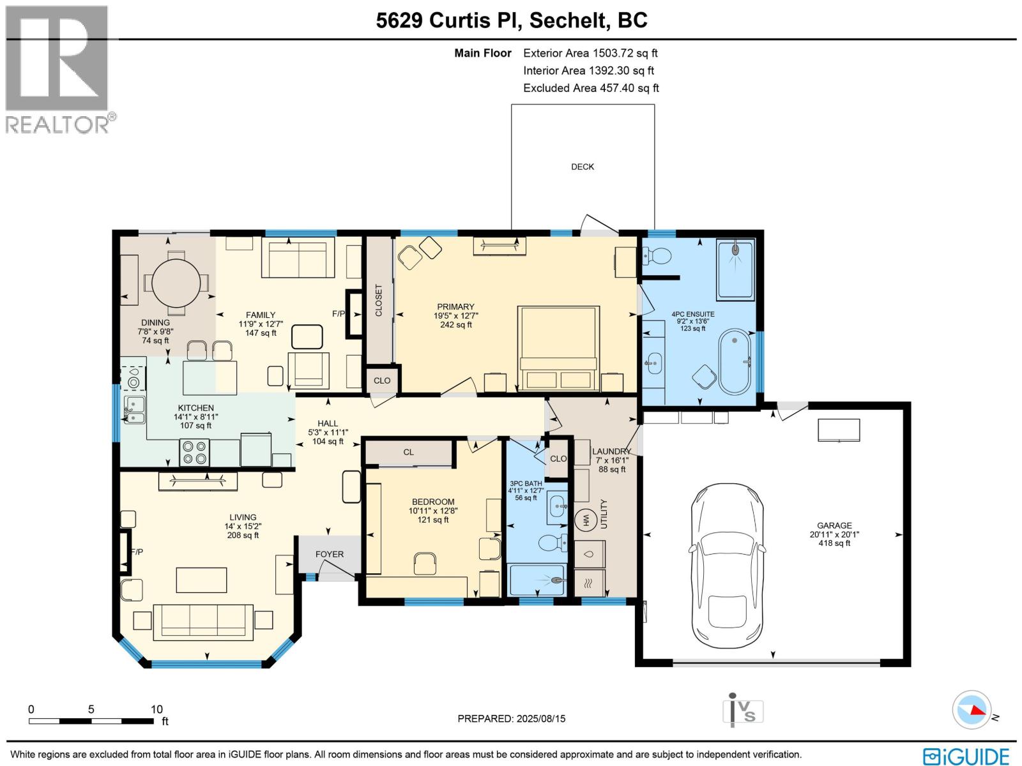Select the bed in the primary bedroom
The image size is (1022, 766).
pyautogui.click(x=558, y=348)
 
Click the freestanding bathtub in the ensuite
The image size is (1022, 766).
pyautogui.click(x=735, y=362)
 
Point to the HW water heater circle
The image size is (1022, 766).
pyautogui.click(x=585, y=519)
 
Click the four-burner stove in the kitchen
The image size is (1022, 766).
pyautogui.click(x=195, y=453)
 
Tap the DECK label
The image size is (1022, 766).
pyautogui.click(x=583, y=167)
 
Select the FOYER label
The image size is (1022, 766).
pyautogui.click(x=329, y=554)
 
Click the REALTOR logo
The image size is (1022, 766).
pyautogui.click(x=57, y=70)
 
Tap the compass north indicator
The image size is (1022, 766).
pyautogui.click(x=971, y=710)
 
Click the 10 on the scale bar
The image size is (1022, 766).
pyautogui.click(x=156, y=709)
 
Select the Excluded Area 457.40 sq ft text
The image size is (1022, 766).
pyautogui.click(x=591, y=88)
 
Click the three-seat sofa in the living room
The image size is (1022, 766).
pyautogui.click(x=203, y=622)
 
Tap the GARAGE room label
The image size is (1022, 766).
pyautogui.click(x=834, y=525)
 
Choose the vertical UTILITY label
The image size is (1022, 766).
pyautogui.click(x=604, y=513)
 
